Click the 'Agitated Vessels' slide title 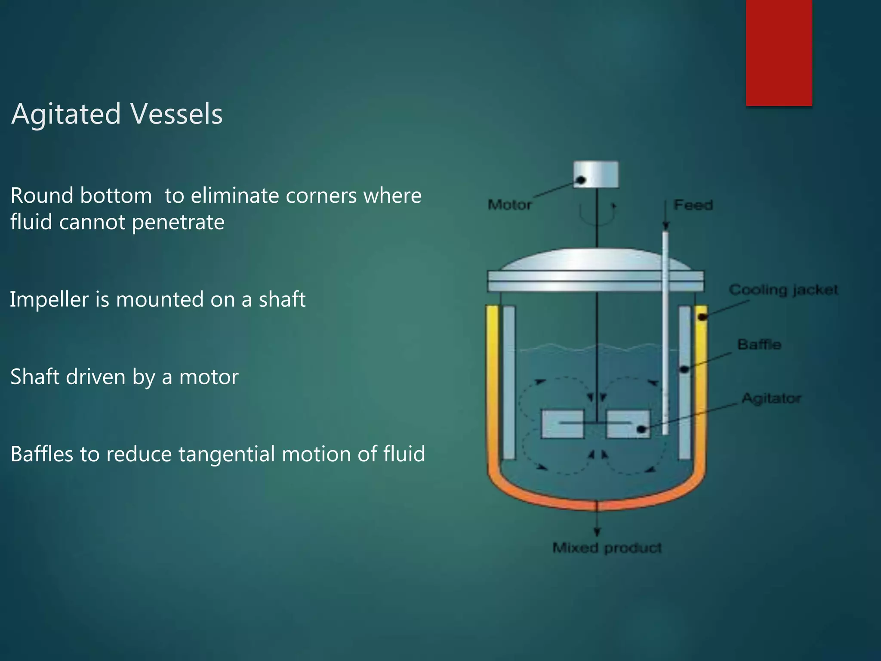tap(117, 114)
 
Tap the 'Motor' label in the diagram tap(510, 204)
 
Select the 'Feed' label tap(693, 205)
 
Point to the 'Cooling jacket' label tap(783, 290)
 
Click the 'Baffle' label tap(759, 344)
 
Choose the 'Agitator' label tap(771, 398)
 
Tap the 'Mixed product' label tap(607, 548)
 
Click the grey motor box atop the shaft tap(596, 174)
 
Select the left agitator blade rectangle tap(562, 424)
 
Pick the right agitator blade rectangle tap(628, 424)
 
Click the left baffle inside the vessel tap(509, 382)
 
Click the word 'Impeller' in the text tap(49, 300)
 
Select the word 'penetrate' tap(178, 222)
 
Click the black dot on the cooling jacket tap(702, 317)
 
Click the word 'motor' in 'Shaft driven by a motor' tap(209, 377)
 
